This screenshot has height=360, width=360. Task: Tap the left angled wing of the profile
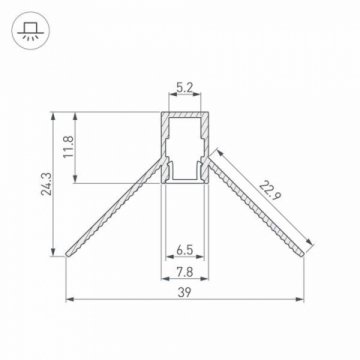click(x=110, y=206)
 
